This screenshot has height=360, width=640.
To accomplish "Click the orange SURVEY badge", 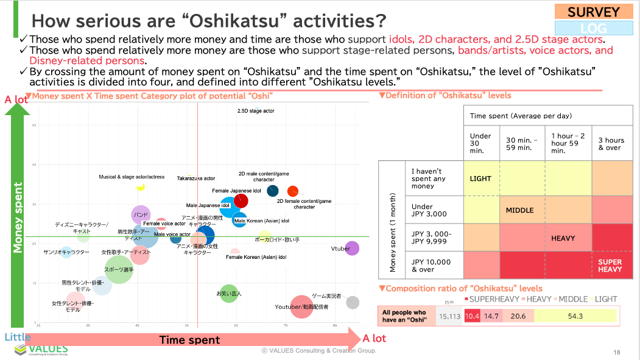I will (594, 12).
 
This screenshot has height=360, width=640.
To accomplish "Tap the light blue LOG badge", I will (594, 28).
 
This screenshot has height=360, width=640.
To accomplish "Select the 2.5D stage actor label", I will (256, 111).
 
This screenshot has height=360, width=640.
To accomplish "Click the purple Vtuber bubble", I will (351, 249).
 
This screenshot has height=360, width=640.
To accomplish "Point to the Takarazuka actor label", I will (195, 178).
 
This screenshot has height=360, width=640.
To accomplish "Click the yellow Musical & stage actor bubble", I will (141, 187).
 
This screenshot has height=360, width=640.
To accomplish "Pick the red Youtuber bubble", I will (301, 306).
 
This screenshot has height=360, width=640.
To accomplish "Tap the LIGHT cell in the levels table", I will (481, 178).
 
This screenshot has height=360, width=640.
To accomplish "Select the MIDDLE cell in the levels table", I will (519, 210).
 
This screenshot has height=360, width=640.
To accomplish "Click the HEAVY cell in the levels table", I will (563, 238).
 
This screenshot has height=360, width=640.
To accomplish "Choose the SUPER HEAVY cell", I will (610, 266).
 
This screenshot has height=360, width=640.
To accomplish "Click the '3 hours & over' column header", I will (611, 144).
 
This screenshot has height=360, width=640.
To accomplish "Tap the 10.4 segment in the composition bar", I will (472, 316).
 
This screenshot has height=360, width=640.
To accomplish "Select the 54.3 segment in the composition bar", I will (575, 316).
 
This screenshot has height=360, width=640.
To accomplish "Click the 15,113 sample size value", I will (450, 316).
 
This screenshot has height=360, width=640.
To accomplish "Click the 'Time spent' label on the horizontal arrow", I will (189, 340).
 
